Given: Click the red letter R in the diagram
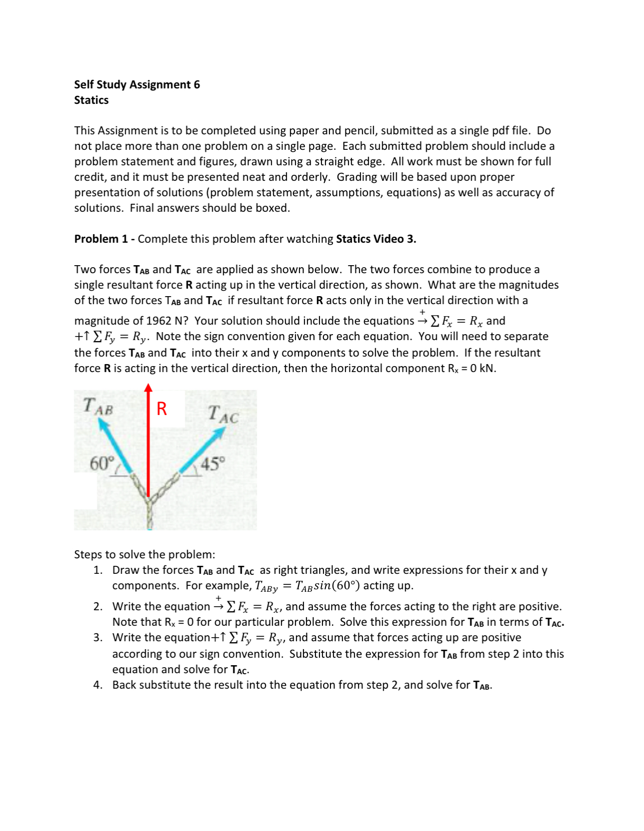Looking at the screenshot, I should pos(162,409).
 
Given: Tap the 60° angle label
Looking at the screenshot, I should pos(102,464).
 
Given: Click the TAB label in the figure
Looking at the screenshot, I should pos(98,406).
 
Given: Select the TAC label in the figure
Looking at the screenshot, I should pos(223,415).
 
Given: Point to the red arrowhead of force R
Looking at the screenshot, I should pos(148,388).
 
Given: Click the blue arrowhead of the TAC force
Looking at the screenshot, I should pos(221,433).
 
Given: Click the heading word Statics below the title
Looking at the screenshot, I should pos(91,100).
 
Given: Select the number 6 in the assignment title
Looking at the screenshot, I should pos(197,84).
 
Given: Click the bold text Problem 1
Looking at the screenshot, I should pos(101,239).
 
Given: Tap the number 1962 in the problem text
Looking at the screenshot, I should pos(159,321).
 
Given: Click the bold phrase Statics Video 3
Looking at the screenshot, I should pos(376,239).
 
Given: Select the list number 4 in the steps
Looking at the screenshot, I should pos(97,685).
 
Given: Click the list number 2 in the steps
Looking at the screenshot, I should pos(97,606).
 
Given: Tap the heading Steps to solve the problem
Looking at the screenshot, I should pos(144,554).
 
